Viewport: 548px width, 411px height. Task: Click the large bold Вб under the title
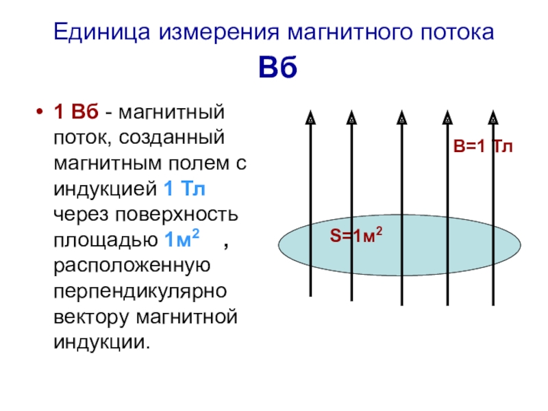tap(278, 66)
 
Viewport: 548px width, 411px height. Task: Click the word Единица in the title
tap(102, 32)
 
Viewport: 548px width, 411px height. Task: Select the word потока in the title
tap(457, 32)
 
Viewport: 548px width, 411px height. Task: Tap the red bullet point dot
tap(40, 112)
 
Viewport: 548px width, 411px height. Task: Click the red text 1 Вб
tap(76, 112)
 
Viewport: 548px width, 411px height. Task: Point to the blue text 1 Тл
tap(184, 189)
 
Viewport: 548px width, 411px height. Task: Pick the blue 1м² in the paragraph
tap(182, 238)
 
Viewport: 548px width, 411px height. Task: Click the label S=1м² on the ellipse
tap(356, 235)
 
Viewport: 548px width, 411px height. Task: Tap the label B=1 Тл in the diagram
tap(483, 146)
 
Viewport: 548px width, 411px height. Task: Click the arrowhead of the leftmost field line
tap(310, 117)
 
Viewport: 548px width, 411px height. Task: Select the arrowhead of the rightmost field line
tap(493, 117)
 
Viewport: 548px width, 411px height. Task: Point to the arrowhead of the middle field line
tap(402, 117)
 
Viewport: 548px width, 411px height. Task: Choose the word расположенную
tap(132, 266)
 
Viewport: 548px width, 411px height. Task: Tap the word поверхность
tap(177, 215)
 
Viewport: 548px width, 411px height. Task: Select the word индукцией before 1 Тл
tap(105, 190)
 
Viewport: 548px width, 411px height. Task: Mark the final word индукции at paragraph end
tap(101, 342)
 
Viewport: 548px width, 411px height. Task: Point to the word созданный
tap(172, 137)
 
